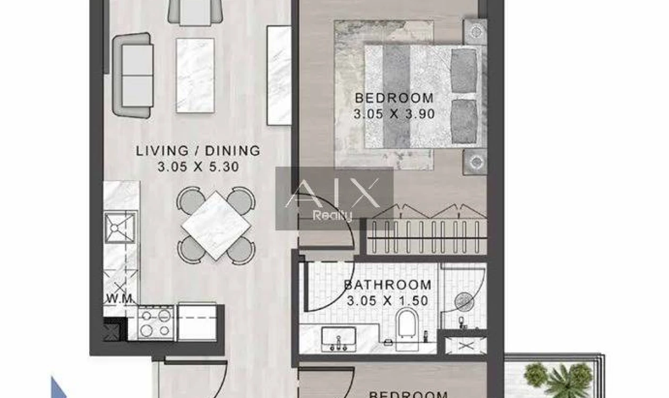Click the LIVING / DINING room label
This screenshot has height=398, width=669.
pos(198,151)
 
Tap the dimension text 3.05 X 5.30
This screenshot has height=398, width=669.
pos(198,167)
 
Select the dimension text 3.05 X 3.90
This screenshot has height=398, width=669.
pos(394,114)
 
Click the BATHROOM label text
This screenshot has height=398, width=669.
pos(388,285)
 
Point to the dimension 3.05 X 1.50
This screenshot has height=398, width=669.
pos(388,301)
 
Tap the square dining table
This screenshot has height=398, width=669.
pos(216,226)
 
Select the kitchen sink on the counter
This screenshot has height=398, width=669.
pos(120,227)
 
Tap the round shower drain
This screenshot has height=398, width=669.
pos(464,302)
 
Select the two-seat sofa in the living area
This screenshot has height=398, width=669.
pos(133,75)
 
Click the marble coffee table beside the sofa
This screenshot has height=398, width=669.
pos(195,75)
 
